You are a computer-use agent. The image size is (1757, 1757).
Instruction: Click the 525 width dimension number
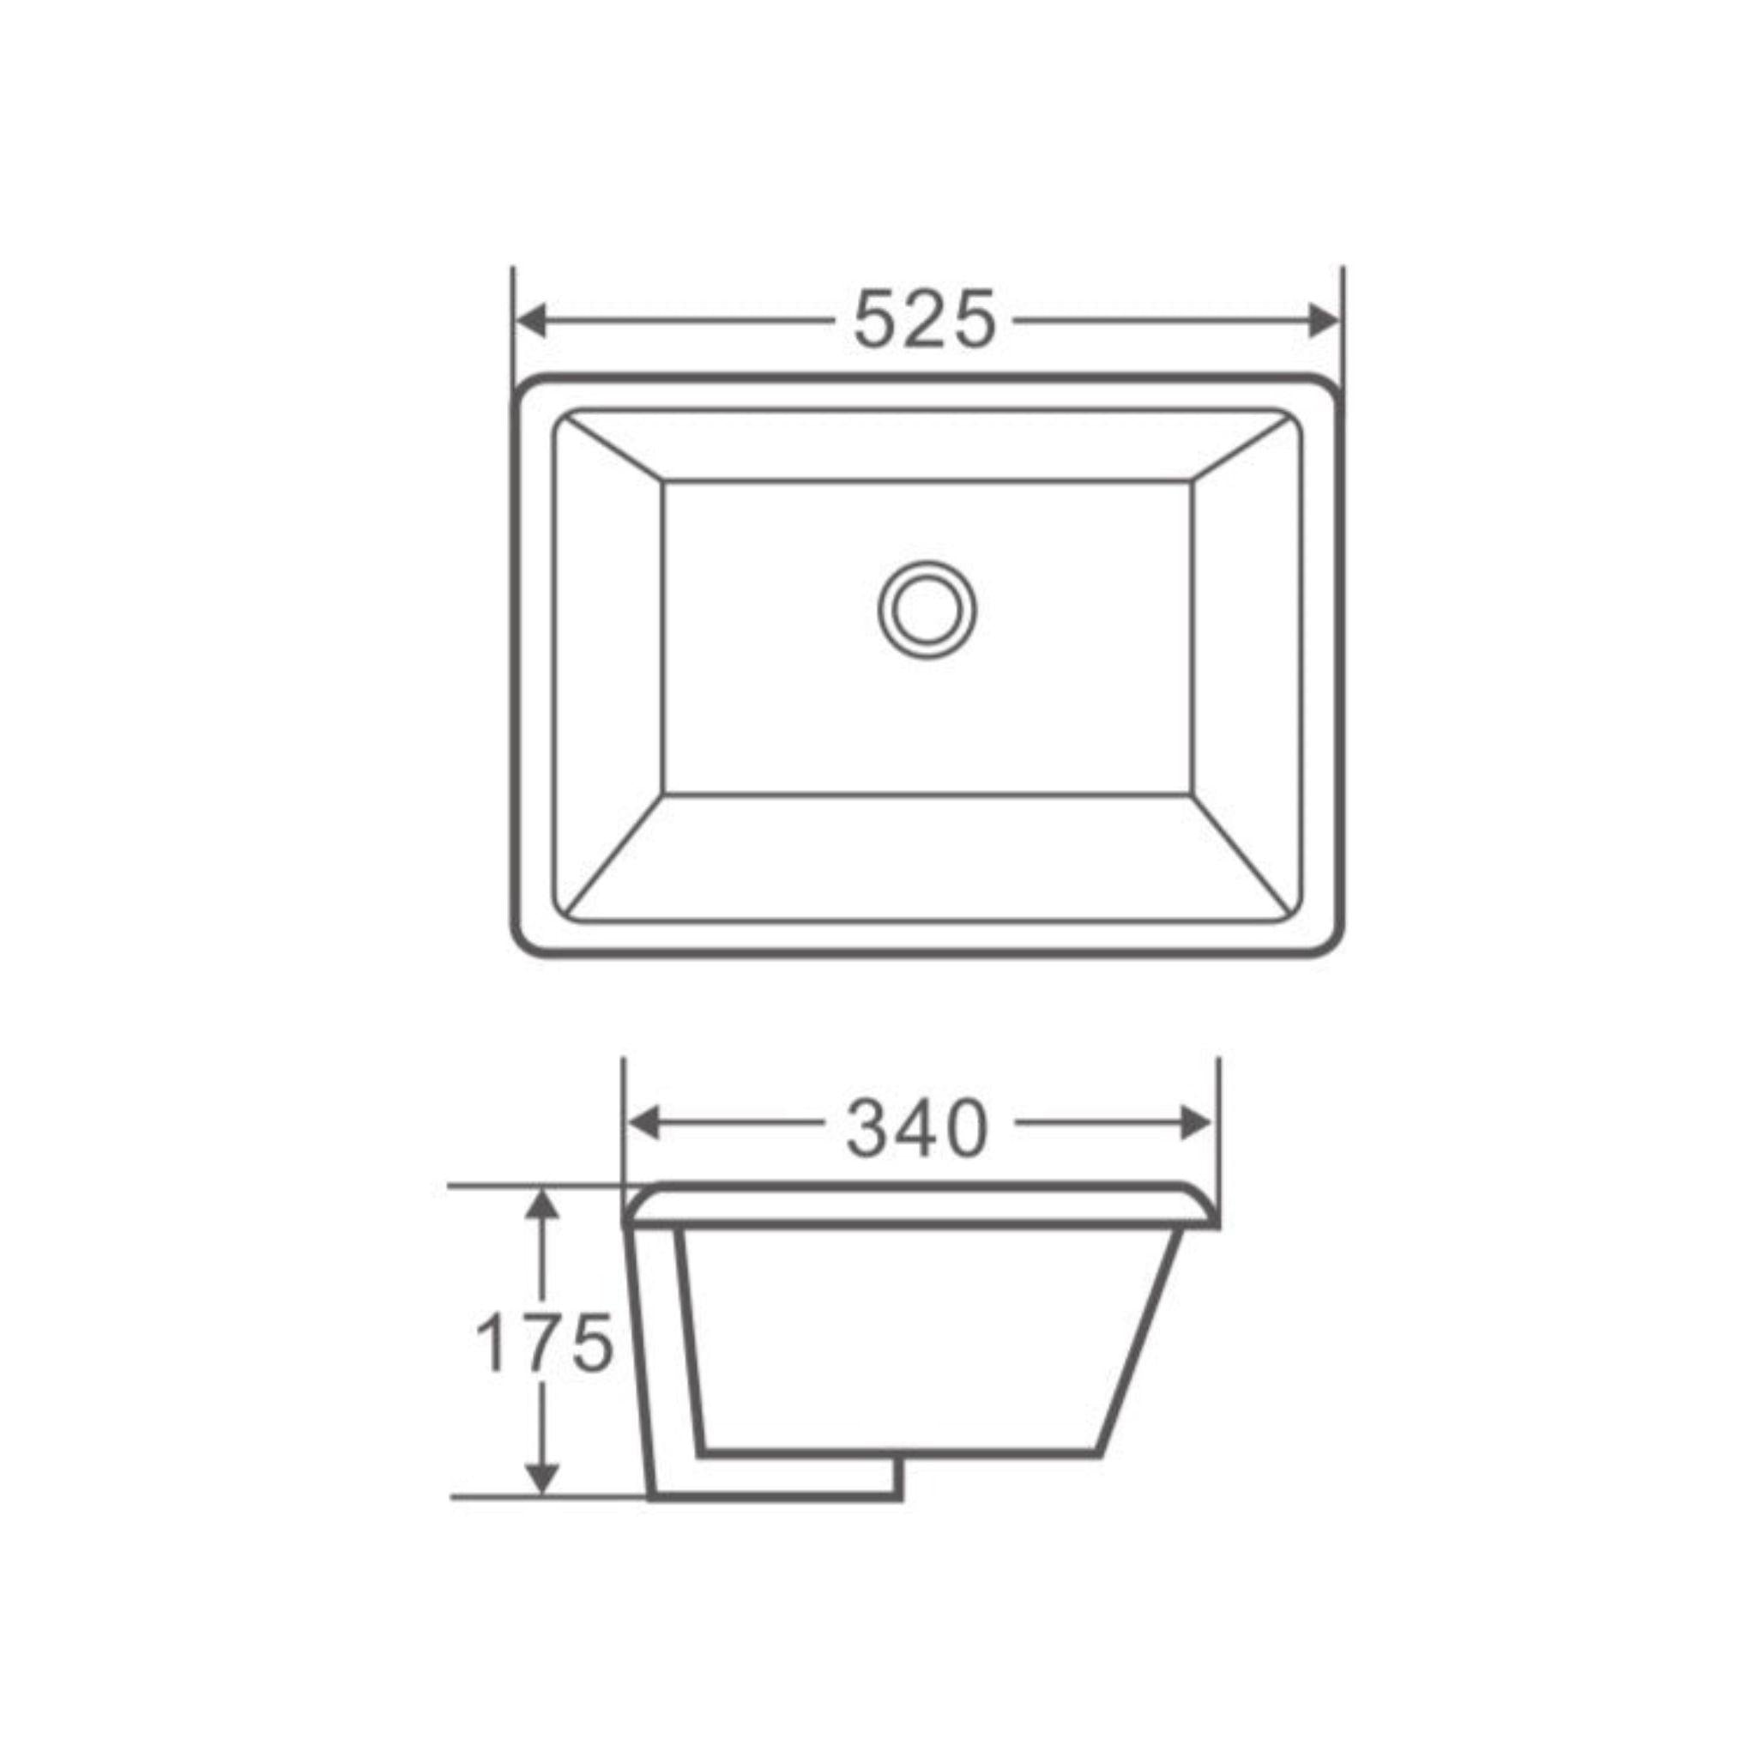click(x=924, y=320)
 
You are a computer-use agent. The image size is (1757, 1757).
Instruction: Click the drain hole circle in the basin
click(x=927, y=609)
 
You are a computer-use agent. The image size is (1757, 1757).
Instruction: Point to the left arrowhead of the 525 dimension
click(x=530, y=320)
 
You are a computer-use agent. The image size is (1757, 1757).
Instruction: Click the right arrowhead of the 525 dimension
click(x=1324, y=320)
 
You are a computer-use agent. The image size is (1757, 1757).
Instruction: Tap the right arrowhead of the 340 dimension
click(x=1197, y=1125)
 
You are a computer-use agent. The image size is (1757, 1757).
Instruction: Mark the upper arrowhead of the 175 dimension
click(x=543, y=1206)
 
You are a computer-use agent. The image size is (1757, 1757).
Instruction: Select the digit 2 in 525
click(x=924, y=320)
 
